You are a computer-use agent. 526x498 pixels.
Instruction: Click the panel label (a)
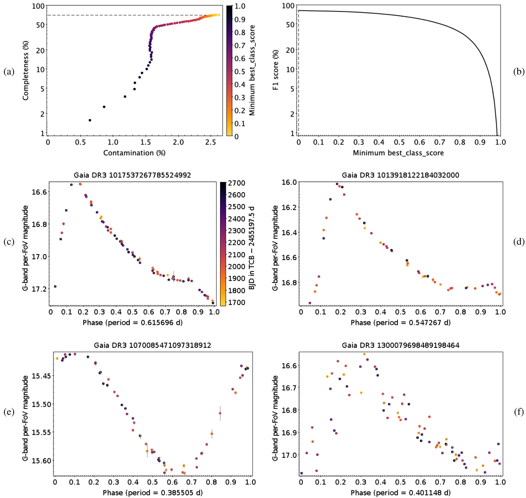tap(9, 72)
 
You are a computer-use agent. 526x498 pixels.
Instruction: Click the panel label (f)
tap(519, 412)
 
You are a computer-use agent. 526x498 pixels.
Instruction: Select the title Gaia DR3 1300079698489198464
tap(400, 345)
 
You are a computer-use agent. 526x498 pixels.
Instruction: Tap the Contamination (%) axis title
tap(134, 153)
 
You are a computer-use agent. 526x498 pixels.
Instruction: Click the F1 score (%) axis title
tap(276, 70)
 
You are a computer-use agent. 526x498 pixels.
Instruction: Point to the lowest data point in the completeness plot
tap(90, 120)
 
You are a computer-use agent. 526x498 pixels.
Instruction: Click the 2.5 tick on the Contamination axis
tap(211, 142)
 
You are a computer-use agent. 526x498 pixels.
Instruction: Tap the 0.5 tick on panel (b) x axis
tap(399, 142)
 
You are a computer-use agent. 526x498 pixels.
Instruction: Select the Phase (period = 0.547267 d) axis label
tap(400, 322)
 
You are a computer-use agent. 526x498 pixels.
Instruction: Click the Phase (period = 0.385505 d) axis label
tap(153, 493)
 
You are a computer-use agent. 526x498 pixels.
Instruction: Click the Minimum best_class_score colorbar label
tap(252, 70)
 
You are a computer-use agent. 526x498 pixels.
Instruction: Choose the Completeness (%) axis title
tap(26, 70)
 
